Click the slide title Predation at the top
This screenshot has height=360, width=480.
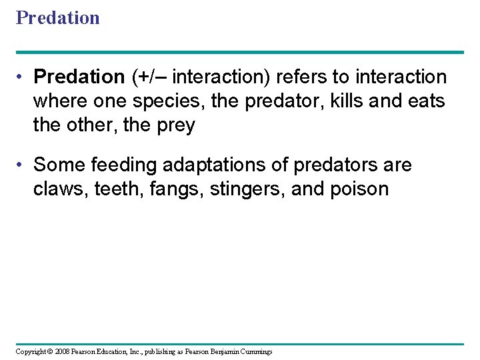click(58, 17)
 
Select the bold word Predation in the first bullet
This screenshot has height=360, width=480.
click(79, 77)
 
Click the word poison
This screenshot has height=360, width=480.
click(360, 189)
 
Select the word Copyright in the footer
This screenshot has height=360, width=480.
click(31, 351)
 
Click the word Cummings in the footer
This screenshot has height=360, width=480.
click(254, 351)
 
